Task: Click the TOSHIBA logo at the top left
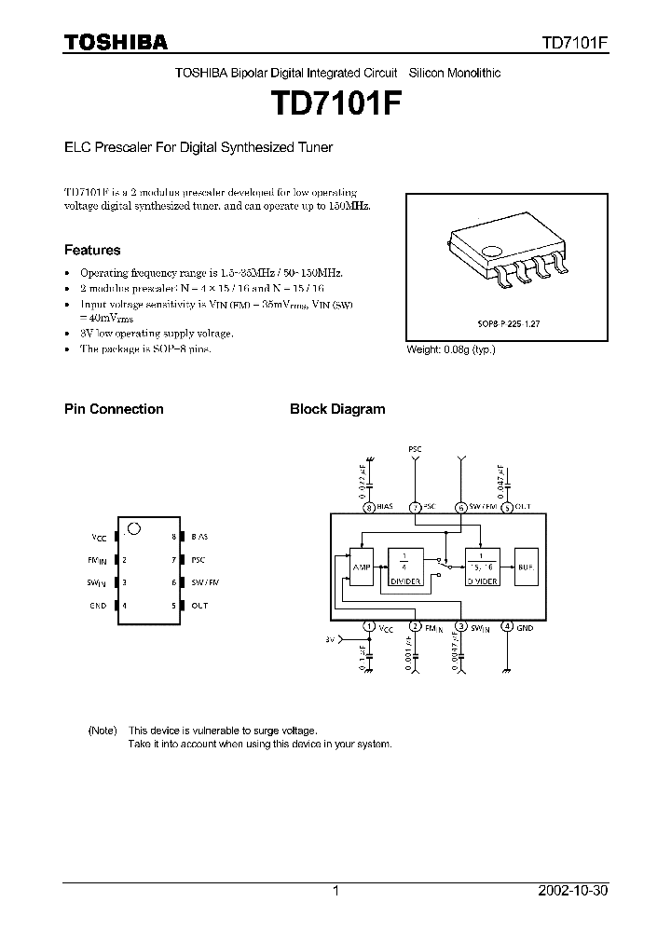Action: (116, 42)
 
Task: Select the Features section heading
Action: (92, 250)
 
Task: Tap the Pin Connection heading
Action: (114, 409)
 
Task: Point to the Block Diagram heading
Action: (337, 409)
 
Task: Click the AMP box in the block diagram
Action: (362, 567)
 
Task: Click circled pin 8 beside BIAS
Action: (370, 508)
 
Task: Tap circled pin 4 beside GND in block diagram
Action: (507, 627)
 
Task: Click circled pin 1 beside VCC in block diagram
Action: (370, 627)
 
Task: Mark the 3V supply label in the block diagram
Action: (329, 640)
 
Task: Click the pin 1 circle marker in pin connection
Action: (133, 528)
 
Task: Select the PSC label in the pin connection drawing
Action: (198, 560)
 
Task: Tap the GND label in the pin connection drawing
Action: (98, 606)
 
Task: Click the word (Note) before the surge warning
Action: (103, 731)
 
